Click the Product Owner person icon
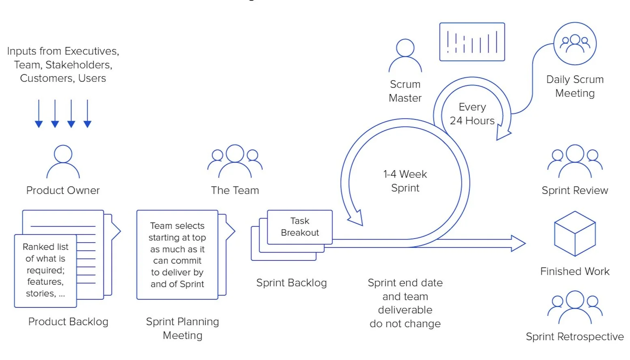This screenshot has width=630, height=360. pos(63,162)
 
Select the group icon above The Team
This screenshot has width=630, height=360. pos(235,161)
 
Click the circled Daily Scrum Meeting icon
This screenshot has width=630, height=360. pos(575,44)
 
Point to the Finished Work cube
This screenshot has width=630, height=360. pos(575,234)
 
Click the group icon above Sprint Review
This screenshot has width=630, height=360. pos(575,161)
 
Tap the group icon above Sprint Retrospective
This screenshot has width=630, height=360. pos(575,307)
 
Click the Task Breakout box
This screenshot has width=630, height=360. pos(300,227)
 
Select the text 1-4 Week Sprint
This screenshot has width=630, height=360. pos(405,181)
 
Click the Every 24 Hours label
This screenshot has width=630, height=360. pos(472,114)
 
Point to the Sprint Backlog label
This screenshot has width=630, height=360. pos(291,283)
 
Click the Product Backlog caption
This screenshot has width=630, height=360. pos(68,322)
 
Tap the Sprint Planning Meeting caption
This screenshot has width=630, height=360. pos(183,328)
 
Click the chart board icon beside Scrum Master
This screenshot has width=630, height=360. pos(472,42)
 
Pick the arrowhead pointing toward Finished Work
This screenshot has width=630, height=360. pos(518,243)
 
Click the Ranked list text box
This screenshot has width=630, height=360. pos(45,270)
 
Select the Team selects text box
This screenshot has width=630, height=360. pos(177,255)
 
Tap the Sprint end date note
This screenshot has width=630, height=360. pos(405,303)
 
